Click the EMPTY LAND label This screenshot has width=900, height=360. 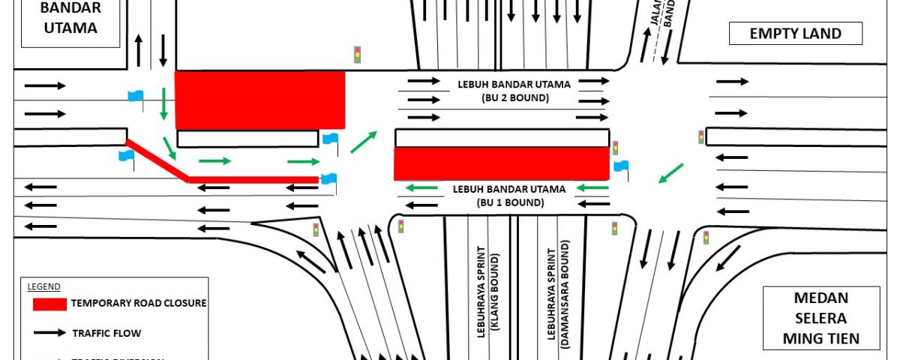point(796,34)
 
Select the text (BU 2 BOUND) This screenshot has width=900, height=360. point(503,98)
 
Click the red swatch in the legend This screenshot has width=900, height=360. point(49,304)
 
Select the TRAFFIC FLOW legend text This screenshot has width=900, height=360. point(106,332)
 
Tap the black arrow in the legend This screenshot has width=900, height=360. point(49,332)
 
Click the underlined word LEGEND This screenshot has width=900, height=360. point(43,286)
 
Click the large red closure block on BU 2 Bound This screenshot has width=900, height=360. point(259,100)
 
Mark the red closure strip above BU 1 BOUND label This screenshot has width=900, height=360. point(501,163)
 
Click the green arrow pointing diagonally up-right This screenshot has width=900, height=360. point(364,141)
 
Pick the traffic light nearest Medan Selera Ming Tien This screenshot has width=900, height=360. point(706,238)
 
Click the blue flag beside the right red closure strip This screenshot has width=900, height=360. point(621,166)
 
